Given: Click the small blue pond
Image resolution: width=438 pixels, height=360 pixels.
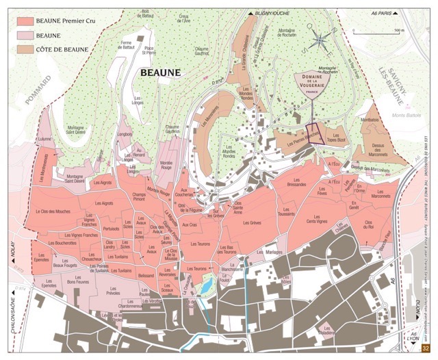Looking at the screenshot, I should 204,292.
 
